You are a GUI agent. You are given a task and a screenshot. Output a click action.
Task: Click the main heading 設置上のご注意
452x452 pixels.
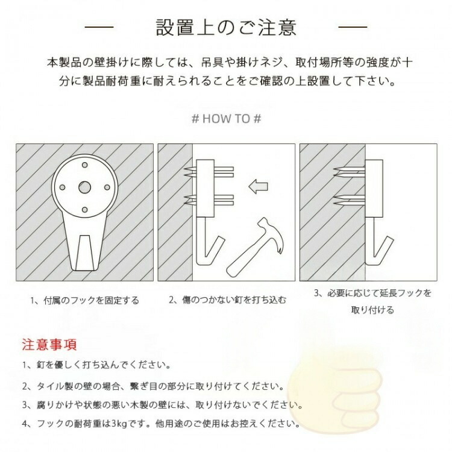pyautogui.click(x=226, y=27)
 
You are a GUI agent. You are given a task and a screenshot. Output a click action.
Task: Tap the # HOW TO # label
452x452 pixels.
pyautogui.click(x=227, y=119)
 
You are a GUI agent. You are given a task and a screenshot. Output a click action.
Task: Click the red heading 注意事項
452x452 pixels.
pyautogui.click(x=49, y=345)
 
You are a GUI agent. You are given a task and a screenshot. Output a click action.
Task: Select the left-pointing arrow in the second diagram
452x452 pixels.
pyautogui.click(x=259, y=186)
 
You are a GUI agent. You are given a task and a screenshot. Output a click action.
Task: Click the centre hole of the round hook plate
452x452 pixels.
pyautogui.click(x=85, y=187)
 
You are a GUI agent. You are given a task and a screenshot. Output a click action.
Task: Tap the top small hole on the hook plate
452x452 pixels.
pyautogui.click(x=85, y=165)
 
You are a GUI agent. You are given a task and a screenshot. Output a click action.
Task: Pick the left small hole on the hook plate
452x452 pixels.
pyautogui.click(x=62, y=187)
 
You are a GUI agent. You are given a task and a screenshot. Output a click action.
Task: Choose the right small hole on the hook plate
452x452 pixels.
pyautogui.click(x=107, y=187)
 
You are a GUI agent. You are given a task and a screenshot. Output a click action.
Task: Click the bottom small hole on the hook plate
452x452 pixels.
pyautogui.click(x=85, y=210)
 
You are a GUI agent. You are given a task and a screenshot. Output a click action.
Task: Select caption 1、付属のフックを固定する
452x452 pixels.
pyautogui.click(x=85, y=301)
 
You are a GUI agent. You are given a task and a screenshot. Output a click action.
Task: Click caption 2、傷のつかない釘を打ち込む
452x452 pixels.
pyautogui.click(x=227, y=300)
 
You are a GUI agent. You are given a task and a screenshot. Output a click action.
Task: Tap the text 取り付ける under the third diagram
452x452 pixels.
pyautogui.click(x=372, y=310)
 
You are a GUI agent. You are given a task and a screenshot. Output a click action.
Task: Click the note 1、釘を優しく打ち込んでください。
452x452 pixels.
pyautogui.click(x=97, y=365)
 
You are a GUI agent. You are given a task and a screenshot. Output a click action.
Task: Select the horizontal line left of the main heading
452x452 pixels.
pyautogui.click(x=99, y=27)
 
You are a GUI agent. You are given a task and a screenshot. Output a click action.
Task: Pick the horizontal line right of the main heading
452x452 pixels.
pyautogui.click(x=353, y=27)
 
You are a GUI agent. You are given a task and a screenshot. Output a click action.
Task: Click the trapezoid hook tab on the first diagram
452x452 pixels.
pyautogui.click(x=85, y=253)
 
